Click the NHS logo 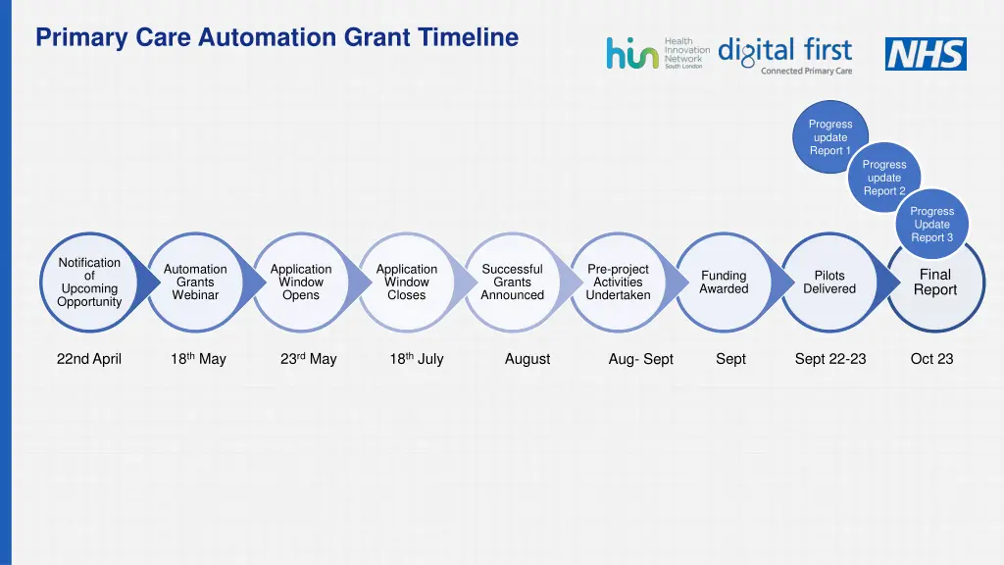click(x=926, y=54)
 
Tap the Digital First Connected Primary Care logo click(x=785, y=55)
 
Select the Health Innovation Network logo click(x=657, y=53)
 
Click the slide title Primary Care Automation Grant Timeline click(x=276, y=38)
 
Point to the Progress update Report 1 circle click(x=830, y=137)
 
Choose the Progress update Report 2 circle click(x=884, y=178)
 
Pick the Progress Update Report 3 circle click(x=931, y=224)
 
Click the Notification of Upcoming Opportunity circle click(x=90, y=282)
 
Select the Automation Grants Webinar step click(x=195, y=282)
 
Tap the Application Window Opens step click(x=301, y=282)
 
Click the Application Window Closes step click(x=407, y=282)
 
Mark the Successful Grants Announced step click(x=512, y=282)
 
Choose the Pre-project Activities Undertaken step click(x=618, y=282)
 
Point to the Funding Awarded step click(x=724, y=282)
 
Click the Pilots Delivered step click(x=829, y=282)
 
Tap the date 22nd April click(x=89, y=359)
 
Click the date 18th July click(x=417, y=359)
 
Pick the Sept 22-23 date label click(x=830, y=359)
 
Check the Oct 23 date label click(x=931, y=359)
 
